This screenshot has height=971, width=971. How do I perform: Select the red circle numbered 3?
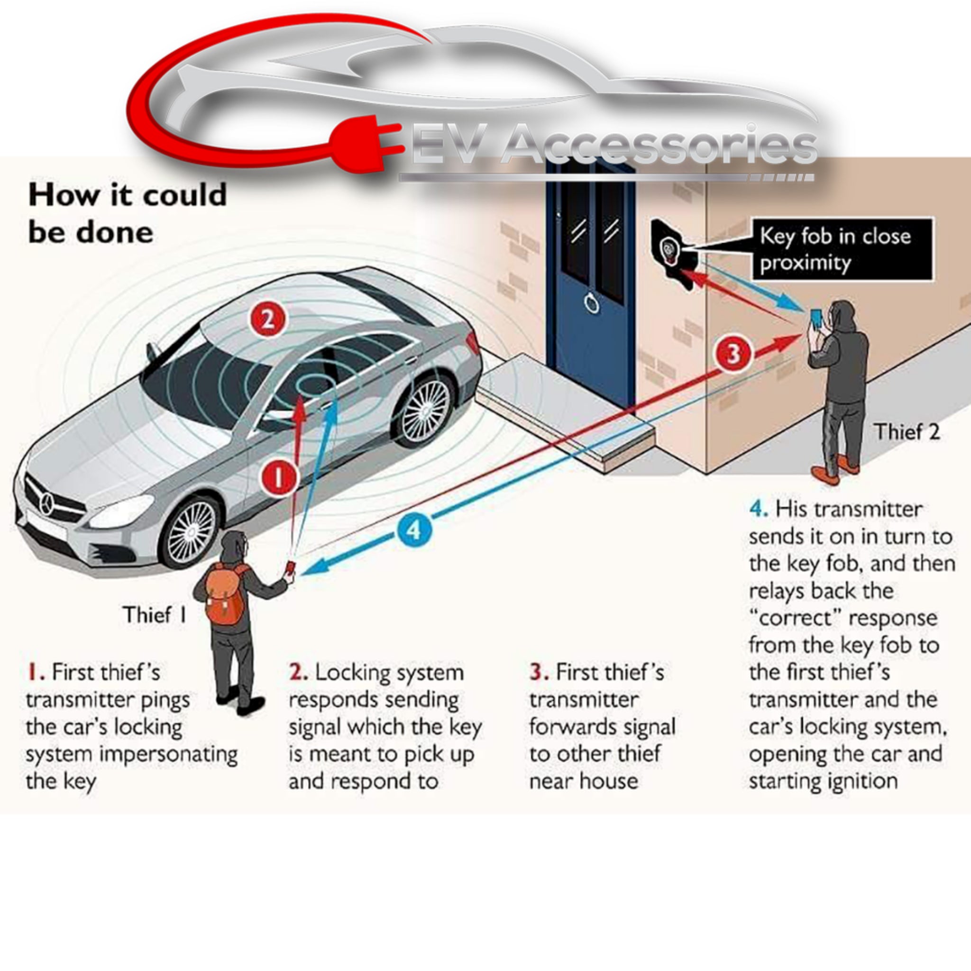tap(734, 354)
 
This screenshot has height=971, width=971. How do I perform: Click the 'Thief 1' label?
tap(154, 614)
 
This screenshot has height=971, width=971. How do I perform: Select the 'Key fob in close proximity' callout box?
tap(843, 249)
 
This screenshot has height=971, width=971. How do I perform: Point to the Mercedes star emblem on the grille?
tap(48, 503)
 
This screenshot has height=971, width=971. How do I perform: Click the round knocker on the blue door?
tap(592, 303)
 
